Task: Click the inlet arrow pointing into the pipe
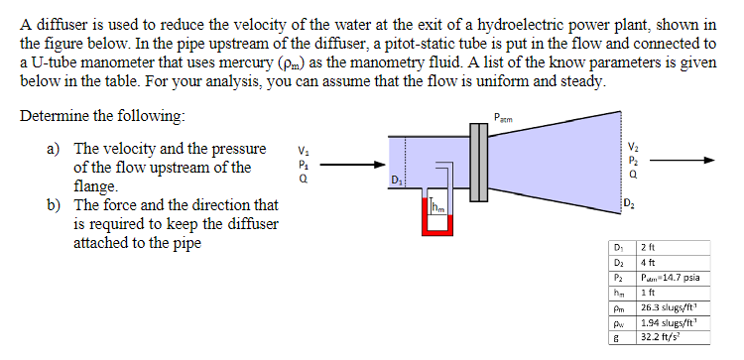[x=348, y=166]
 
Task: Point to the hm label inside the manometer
[x=437, y=207]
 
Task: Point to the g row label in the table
[x=617, y=339]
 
